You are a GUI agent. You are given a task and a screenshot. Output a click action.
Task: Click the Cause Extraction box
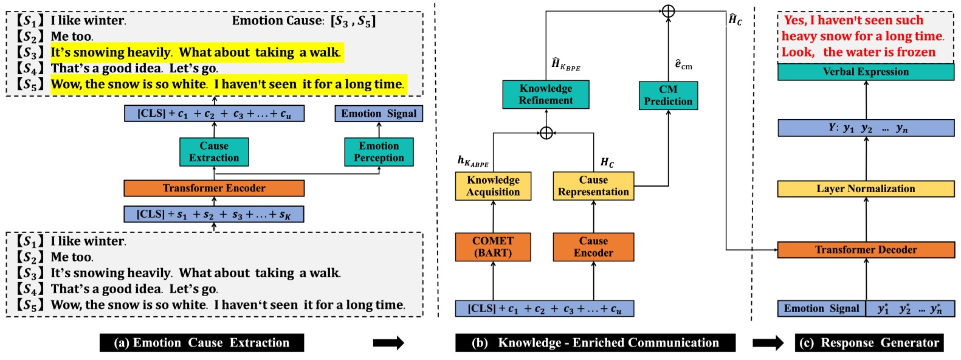click(x=214, y=152)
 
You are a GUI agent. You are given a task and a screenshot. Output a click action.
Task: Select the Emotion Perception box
click(x=379, y=152)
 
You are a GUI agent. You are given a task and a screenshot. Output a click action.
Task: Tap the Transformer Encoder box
click(x=214, y=188)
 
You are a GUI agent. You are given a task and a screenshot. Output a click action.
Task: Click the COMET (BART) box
click(x=493, y=247)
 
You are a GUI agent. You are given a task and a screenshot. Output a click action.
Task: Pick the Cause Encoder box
click(x=593, y=247)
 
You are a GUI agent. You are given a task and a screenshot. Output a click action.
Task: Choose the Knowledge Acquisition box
click(x=493, y=186)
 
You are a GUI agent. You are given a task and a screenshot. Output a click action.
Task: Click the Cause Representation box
click(x=593, y=186)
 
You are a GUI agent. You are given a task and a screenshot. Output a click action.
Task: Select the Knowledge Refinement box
click(x=545, y=95)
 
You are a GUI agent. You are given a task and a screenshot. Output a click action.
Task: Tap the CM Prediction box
click(x=668, y=95)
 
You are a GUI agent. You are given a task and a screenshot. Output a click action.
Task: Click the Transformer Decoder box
click(x=866, y=249)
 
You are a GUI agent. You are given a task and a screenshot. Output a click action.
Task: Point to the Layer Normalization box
click(x=866, y=189)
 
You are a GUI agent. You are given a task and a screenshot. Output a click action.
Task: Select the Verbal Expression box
click(x=866, y=72)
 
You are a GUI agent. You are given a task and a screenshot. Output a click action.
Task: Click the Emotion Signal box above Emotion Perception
click(x=379, y=114)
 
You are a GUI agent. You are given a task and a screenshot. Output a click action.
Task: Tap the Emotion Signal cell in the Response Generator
click(x=821, y=308)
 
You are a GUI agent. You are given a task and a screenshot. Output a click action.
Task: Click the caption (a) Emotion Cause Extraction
click(x=202, y=343)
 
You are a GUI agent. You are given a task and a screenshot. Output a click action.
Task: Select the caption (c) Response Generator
click(x=869, y=343)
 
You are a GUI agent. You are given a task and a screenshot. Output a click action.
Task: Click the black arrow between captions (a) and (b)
click(x=388, y=343)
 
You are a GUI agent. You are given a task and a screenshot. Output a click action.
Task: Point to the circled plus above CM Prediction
click(x=668, y=11)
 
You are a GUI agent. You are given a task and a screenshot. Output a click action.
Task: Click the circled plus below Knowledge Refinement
click(x=546, y=133)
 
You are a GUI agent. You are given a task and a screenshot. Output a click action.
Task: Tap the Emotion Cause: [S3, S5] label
click(x=304, y=21)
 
